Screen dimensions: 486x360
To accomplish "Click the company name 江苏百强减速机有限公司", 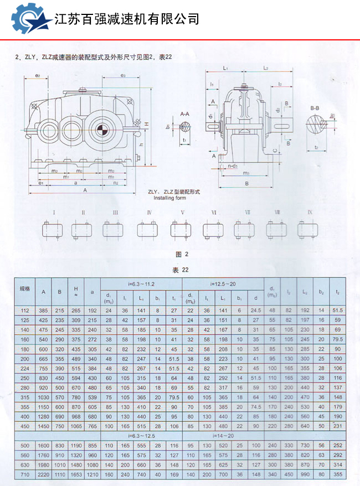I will coord(127,19).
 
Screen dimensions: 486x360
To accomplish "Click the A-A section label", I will coord(185,113).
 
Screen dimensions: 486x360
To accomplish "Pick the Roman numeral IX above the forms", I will coord(310,213).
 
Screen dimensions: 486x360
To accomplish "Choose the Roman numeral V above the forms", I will coord(182,213).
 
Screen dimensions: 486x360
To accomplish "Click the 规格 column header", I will coord(24,289).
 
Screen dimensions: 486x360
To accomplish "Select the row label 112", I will coord(24,311).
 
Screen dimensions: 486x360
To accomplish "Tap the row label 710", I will coord(24,474).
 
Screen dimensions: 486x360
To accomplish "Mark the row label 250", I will coord(24,377).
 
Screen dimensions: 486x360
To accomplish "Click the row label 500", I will coord(24,445).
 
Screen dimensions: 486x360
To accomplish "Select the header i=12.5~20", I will coord(223,284).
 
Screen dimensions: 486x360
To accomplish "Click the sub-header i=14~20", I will coord(223,436).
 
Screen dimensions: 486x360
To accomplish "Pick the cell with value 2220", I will coord(44,474).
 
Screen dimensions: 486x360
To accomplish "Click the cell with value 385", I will coord(44,311).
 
